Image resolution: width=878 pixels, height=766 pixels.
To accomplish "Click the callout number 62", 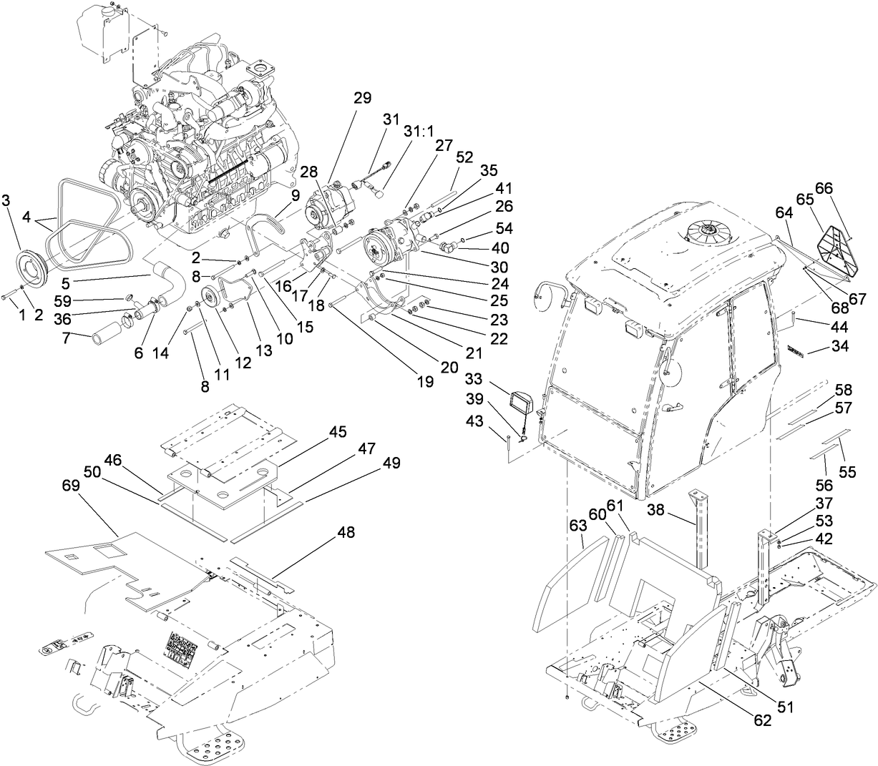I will click(762, 721).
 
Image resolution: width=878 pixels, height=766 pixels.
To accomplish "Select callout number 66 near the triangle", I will click(824, 188).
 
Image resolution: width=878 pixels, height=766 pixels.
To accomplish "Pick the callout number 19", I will click(426, 382).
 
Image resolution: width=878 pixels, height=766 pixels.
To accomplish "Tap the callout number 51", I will click(785, 707).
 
